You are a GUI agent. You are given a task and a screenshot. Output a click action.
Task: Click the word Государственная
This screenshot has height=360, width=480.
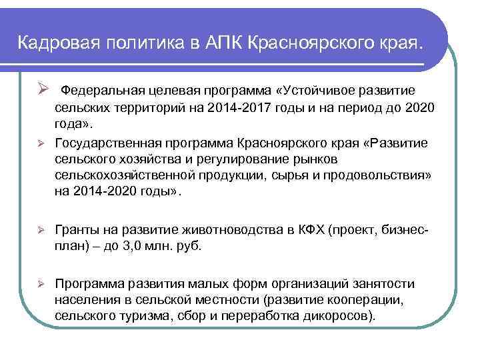coord(100,143)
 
